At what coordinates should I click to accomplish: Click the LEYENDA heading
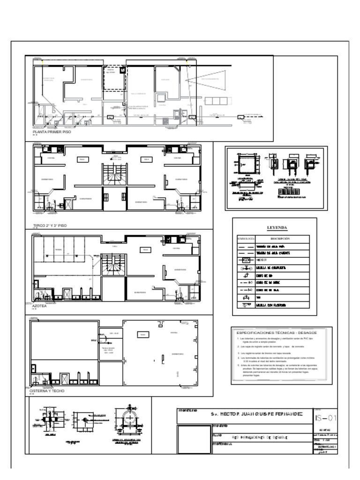[277, 228]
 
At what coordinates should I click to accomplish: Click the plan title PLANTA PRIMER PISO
[52, 133]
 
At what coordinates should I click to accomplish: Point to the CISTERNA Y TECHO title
[47, 390]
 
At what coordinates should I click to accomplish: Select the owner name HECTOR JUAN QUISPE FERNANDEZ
[256, 414]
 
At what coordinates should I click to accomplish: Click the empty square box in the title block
[194, 439]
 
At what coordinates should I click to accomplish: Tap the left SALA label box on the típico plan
[82, 160]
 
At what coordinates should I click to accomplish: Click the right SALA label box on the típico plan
[146, 160]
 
